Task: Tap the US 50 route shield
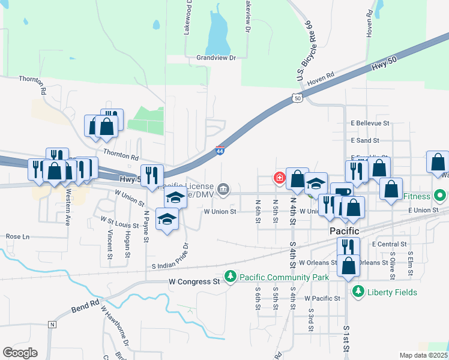(x=298, y=97)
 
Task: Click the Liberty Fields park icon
(x=358, y=292)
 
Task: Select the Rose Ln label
(x=17, y=236)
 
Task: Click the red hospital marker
(x=279, y=177)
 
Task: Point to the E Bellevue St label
(x=370, y=123)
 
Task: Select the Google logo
(x=20, y=353)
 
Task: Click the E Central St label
(x=390, y=244)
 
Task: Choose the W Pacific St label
(x=322, y=298)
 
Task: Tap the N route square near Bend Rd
(x=52, y=325)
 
